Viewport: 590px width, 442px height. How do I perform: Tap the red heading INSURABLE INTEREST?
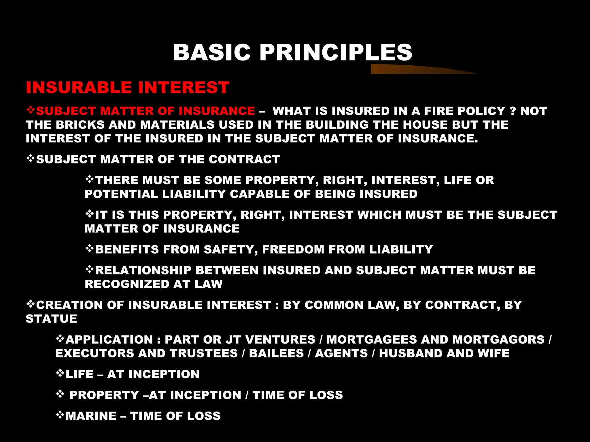click(128, 87)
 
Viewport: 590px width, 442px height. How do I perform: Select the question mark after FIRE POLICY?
click(513, 111)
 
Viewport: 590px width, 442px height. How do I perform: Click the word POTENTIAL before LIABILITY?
click(121, 194)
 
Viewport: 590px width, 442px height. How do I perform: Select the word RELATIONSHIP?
click(143, 270)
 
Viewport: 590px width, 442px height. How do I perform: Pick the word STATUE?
click(52, 319)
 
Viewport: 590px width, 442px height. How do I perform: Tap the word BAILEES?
click(276, 353)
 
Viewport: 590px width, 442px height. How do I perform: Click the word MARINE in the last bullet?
click(91, 416)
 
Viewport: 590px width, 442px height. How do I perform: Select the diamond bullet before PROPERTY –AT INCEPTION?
click(60, 394)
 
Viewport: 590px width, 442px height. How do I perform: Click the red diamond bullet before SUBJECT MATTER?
click(31, 110)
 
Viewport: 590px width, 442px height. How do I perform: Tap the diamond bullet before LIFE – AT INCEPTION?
click(60, 373)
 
